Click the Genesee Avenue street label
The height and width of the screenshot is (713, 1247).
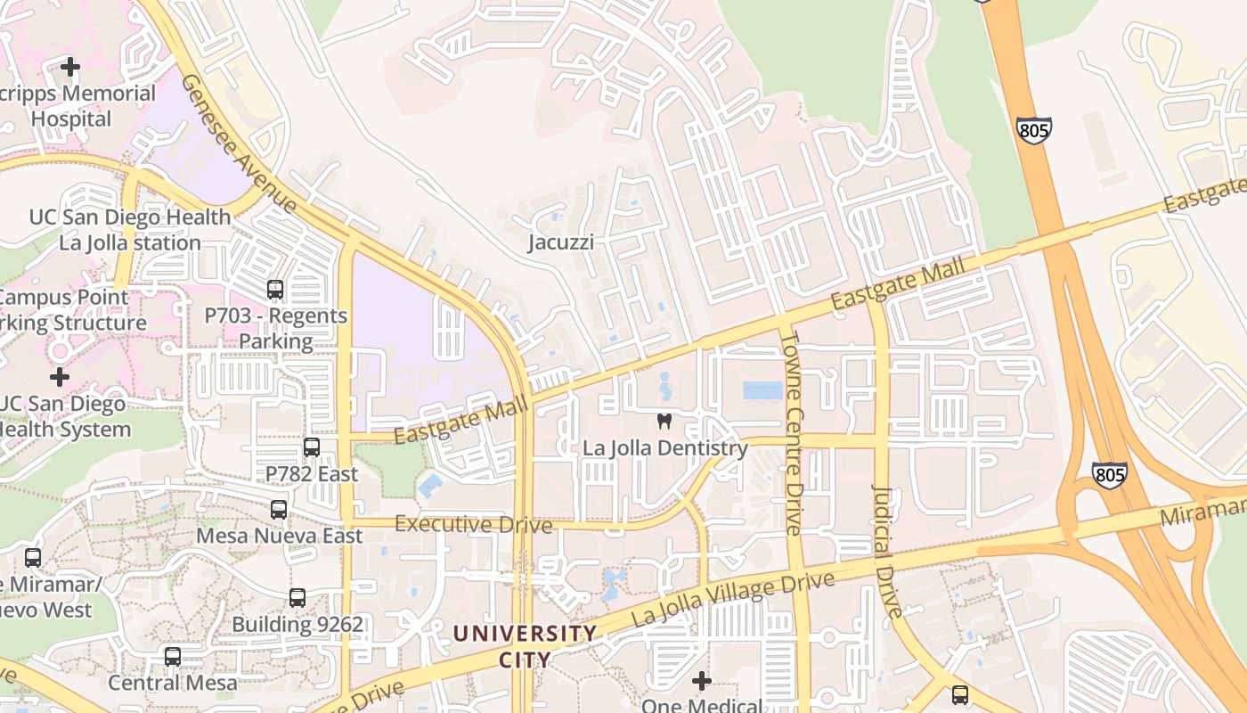pos(239,143)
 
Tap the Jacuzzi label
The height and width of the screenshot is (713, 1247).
pos(560,242)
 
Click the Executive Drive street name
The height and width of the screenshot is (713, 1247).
pos(473,524)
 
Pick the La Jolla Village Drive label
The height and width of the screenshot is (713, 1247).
pos(733,598)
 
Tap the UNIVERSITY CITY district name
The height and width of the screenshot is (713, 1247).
pos(525,646)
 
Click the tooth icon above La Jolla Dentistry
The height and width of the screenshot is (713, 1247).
pos(664,422)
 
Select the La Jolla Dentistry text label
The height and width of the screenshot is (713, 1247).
pos(664,448)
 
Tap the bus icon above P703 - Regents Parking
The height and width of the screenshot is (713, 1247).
pos(275,290)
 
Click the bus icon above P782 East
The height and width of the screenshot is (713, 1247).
pos(311,447)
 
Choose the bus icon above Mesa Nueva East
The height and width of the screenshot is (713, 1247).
pos(279,510)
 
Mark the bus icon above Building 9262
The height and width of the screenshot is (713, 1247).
pos(297,598)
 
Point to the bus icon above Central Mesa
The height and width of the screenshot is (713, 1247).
pos(173,657)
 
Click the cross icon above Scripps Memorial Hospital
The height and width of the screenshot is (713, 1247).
pos(69,67)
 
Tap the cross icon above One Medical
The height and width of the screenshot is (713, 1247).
pos(702,682)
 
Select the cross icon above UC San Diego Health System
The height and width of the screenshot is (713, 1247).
pos(59,377)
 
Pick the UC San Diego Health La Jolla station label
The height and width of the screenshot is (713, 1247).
pos(130,230)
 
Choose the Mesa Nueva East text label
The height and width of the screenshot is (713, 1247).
pos(279,537)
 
